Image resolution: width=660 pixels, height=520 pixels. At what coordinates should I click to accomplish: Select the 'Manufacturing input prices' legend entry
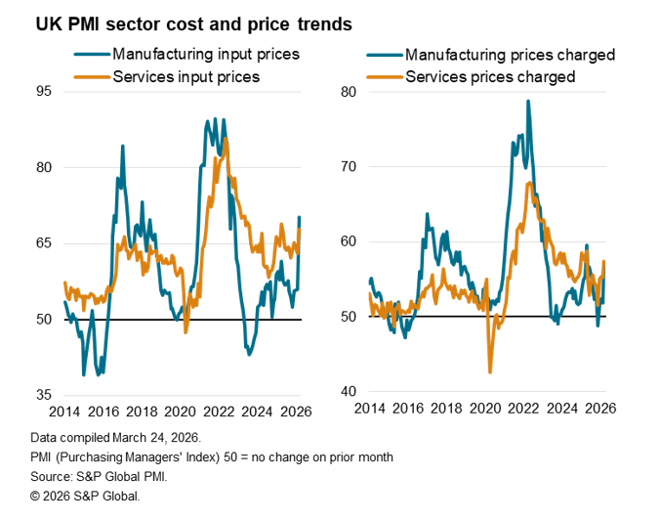point(205,54)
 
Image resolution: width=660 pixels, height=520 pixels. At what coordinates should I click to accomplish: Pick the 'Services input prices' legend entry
point(186,76)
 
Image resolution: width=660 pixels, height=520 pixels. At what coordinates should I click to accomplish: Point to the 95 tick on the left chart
point(42,92)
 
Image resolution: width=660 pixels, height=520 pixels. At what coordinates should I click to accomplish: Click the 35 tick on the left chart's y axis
point(42,395)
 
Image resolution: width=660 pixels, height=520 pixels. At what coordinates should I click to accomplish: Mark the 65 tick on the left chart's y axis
point(42,243)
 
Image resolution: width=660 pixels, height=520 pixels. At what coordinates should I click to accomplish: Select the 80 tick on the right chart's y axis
point(350,92)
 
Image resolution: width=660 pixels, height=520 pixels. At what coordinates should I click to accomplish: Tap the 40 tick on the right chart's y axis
point(350,392)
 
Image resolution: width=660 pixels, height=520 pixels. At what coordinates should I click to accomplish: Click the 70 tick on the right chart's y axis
point(350,167)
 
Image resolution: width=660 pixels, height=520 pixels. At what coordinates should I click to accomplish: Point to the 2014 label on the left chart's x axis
point(64,412)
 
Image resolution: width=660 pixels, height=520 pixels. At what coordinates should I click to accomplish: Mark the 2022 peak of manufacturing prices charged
point(528,101)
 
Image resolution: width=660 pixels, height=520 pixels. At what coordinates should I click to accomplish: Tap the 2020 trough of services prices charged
point(490,372)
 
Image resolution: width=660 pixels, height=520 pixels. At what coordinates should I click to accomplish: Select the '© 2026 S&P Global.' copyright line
point(85,497)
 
